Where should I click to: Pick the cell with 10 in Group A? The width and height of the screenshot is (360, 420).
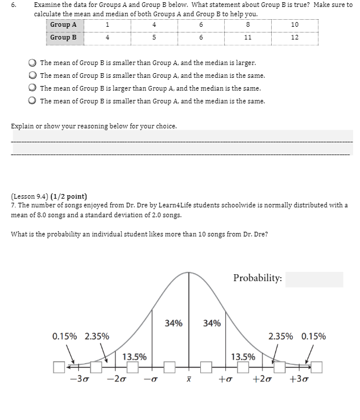294,24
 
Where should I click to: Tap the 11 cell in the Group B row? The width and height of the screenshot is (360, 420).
247,37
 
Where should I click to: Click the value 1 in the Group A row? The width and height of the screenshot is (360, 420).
107,24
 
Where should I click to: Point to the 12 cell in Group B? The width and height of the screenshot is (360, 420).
294,37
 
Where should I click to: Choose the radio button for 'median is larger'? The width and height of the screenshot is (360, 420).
34,63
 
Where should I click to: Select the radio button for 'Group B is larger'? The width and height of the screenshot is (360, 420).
34,88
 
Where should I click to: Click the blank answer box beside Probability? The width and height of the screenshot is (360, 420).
314,279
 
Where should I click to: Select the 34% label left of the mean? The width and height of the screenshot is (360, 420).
174,323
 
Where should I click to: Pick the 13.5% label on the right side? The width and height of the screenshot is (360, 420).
243,357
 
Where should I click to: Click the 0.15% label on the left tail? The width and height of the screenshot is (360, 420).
64,336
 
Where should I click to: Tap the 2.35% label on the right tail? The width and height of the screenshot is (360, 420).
281,336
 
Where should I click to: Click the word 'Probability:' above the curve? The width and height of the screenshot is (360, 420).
257,278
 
